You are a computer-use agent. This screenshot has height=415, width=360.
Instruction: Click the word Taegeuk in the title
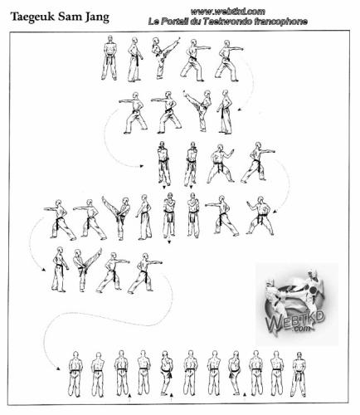coord(32,17)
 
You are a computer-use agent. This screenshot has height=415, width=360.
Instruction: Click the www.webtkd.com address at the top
coord(227,12)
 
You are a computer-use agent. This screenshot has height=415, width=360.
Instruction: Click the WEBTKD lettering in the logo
coord(294,321)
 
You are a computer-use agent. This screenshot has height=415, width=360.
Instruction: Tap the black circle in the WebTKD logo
coord(313,290)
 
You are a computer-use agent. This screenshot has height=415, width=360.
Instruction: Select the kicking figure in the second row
coord(197,110)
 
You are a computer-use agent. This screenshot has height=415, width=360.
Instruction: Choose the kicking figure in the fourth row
coord(116,218)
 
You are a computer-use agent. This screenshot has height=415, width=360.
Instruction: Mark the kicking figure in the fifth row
coord(87,270)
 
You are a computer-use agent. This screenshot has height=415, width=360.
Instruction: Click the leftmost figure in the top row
coord(109,57)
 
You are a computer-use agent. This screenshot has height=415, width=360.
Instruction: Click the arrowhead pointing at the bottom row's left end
coord(58,369)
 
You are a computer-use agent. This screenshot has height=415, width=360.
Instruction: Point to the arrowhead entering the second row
coord(240,110)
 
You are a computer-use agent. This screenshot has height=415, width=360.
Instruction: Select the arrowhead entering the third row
coord(142,166)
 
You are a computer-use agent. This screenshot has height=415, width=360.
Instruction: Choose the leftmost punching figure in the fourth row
coord(60,219)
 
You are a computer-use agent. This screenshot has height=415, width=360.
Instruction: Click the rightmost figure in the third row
coord(258,163)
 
